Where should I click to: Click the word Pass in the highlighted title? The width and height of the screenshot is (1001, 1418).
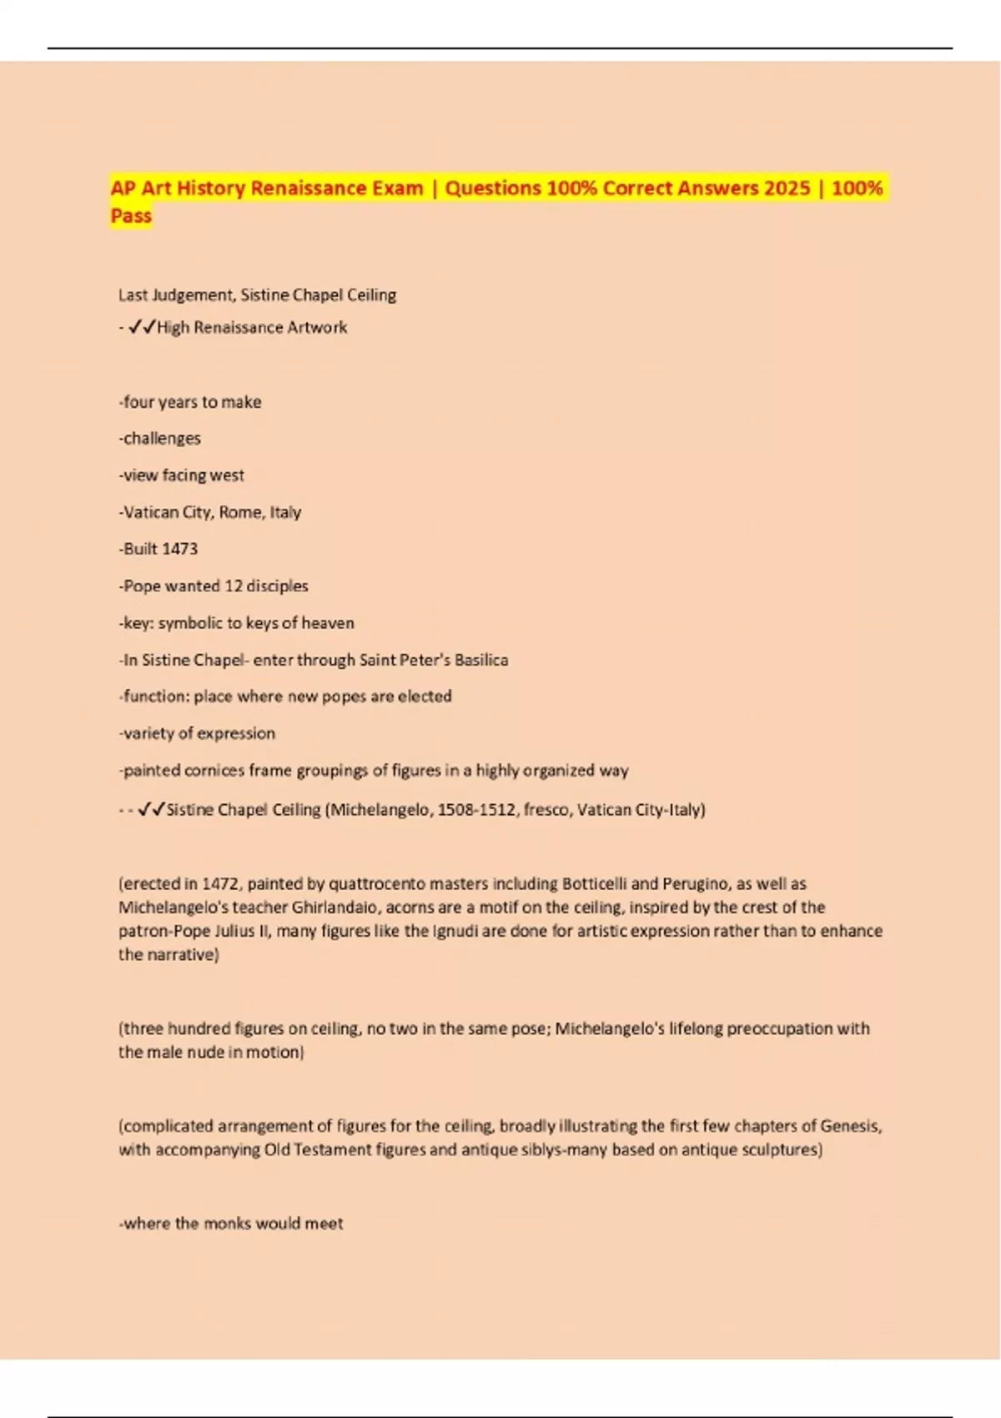coord(131,216)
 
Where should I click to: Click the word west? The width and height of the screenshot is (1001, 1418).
coord(227,475)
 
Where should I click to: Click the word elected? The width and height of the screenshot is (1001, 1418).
coord(425,696)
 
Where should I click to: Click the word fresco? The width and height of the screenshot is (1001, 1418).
coord(546,810)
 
